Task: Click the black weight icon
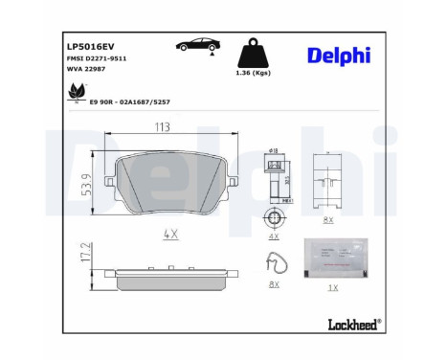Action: pos(253,53)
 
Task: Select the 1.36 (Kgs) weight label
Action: pos(253,76)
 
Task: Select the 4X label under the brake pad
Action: pos(170,234)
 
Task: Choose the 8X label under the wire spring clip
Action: pos(273,283)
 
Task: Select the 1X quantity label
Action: pos(332,286)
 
